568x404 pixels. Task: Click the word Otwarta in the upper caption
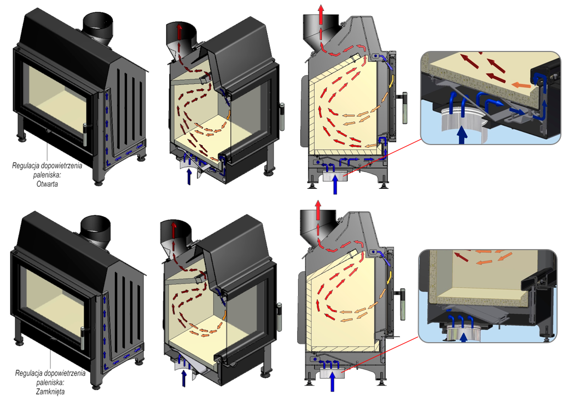[x=47, y=184]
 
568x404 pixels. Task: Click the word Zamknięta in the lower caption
[x=50, y=391]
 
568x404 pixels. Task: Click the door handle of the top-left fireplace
[x=85, y=135]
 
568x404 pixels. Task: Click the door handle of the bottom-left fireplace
[x=83, y=339]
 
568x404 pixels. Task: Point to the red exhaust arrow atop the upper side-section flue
[x=321, y=14]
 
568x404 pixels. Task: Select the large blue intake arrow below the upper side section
[x=335, y=184]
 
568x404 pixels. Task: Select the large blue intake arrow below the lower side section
[x=332, y=382]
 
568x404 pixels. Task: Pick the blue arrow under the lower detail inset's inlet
[x=463, y=338]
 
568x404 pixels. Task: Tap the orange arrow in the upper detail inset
[x=521, y=85]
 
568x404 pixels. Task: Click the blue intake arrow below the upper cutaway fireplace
[x=189, y=176]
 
